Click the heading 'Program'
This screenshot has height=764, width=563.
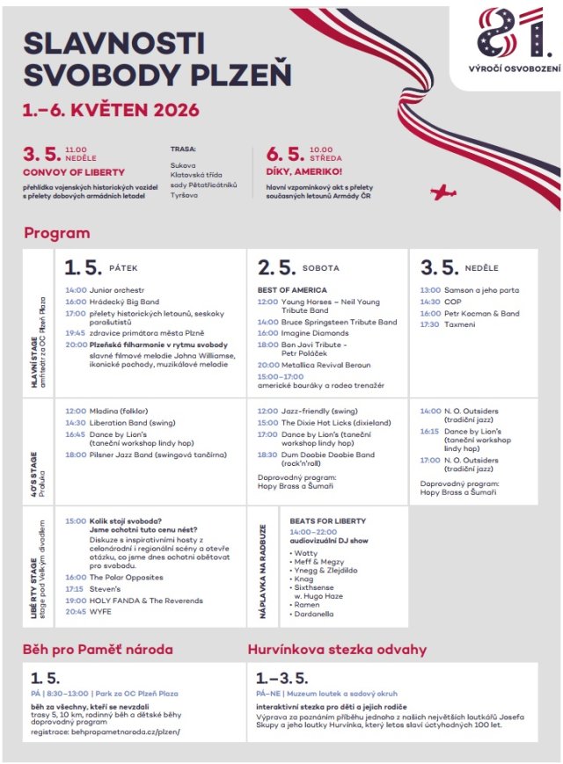[x=56, y=233]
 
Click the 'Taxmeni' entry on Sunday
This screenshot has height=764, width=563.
[x=459, y=324]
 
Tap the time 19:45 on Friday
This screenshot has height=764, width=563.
[x=75, y=333]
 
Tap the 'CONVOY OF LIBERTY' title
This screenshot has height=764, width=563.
[x=74, y=172]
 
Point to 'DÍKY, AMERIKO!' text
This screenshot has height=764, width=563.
[x=303, y=172]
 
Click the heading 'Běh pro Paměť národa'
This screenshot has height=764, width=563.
[x=98, y=650]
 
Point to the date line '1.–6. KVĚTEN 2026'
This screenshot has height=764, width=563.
[x=110, y=111]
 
